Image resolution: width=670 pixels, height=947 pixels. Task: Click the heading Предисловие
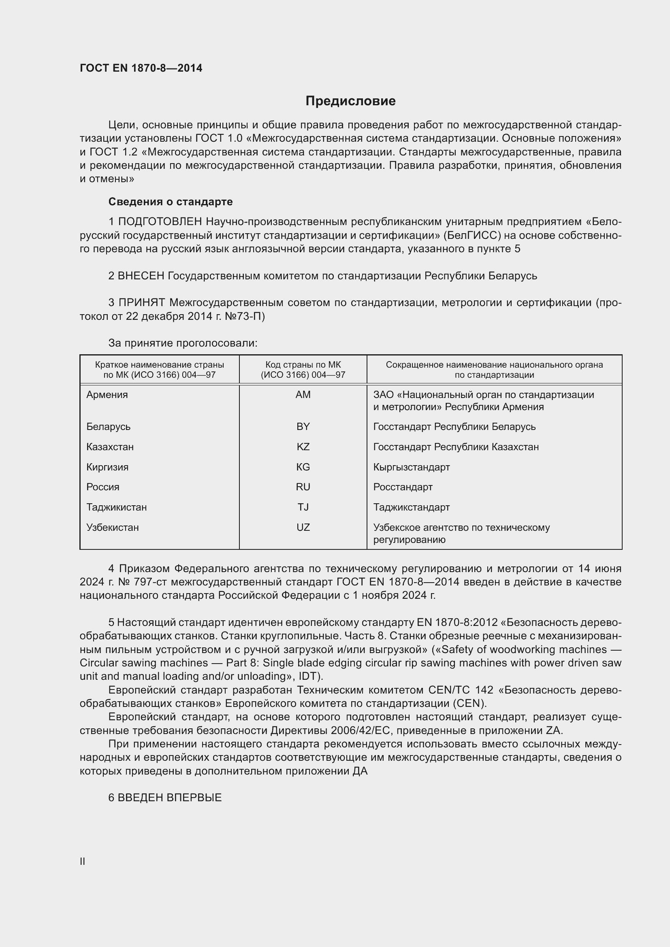point(350,101)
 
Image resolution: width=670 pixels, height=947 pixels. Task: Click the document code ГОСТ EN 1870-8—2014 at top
point(141,68)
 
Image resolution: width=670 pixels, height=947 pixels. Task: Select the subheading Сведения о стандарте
point(171,202)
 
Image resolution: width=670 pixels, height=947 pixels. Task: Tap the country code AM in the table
point(303,395)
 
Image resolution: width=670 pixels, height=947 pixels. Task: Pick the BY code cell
point(303,426)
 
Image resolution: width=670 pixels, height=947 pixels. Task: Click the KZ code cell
point(303,447)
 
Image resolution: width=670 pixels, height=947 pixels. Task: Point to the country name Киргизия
point(107,467)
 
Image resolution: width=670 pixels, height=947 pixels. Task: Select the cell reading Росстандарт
point(403,487)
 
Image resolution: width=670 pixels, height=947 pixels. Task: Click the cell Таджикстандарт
point(411,507)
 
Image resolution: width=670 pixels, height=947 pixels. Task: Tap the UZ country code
point(303,527)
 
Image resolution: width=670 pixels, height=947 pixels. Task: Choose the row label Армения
point(107,395)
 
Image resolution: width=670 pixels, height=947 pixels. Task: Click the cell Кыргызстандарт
point(411,467)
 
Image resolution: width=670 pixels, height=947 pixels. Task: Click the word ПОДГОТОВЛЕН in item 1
point(160,222)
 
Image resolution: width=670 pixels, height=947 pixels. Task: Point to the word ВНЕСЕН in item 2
point(141,276)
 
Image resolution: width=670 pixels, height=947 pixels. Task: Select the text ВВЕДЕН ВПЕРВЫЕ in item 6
point(170,798)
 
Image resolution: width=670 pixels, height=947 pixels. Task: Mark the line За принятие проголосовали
point(183,343)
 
